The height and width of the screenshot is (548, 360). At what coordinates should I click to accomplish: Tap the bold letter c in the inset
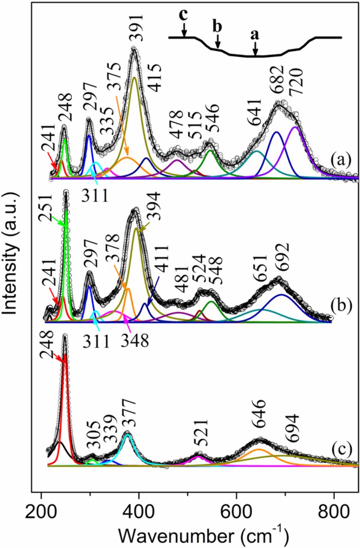click(x=184, y=15)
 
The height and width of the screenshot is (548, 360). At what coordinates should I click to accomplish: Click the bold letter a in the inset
click(x=255, y=36)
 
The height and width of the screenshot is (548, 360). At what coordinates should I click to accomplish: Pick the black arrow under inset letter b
click(x=218, y=42)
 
